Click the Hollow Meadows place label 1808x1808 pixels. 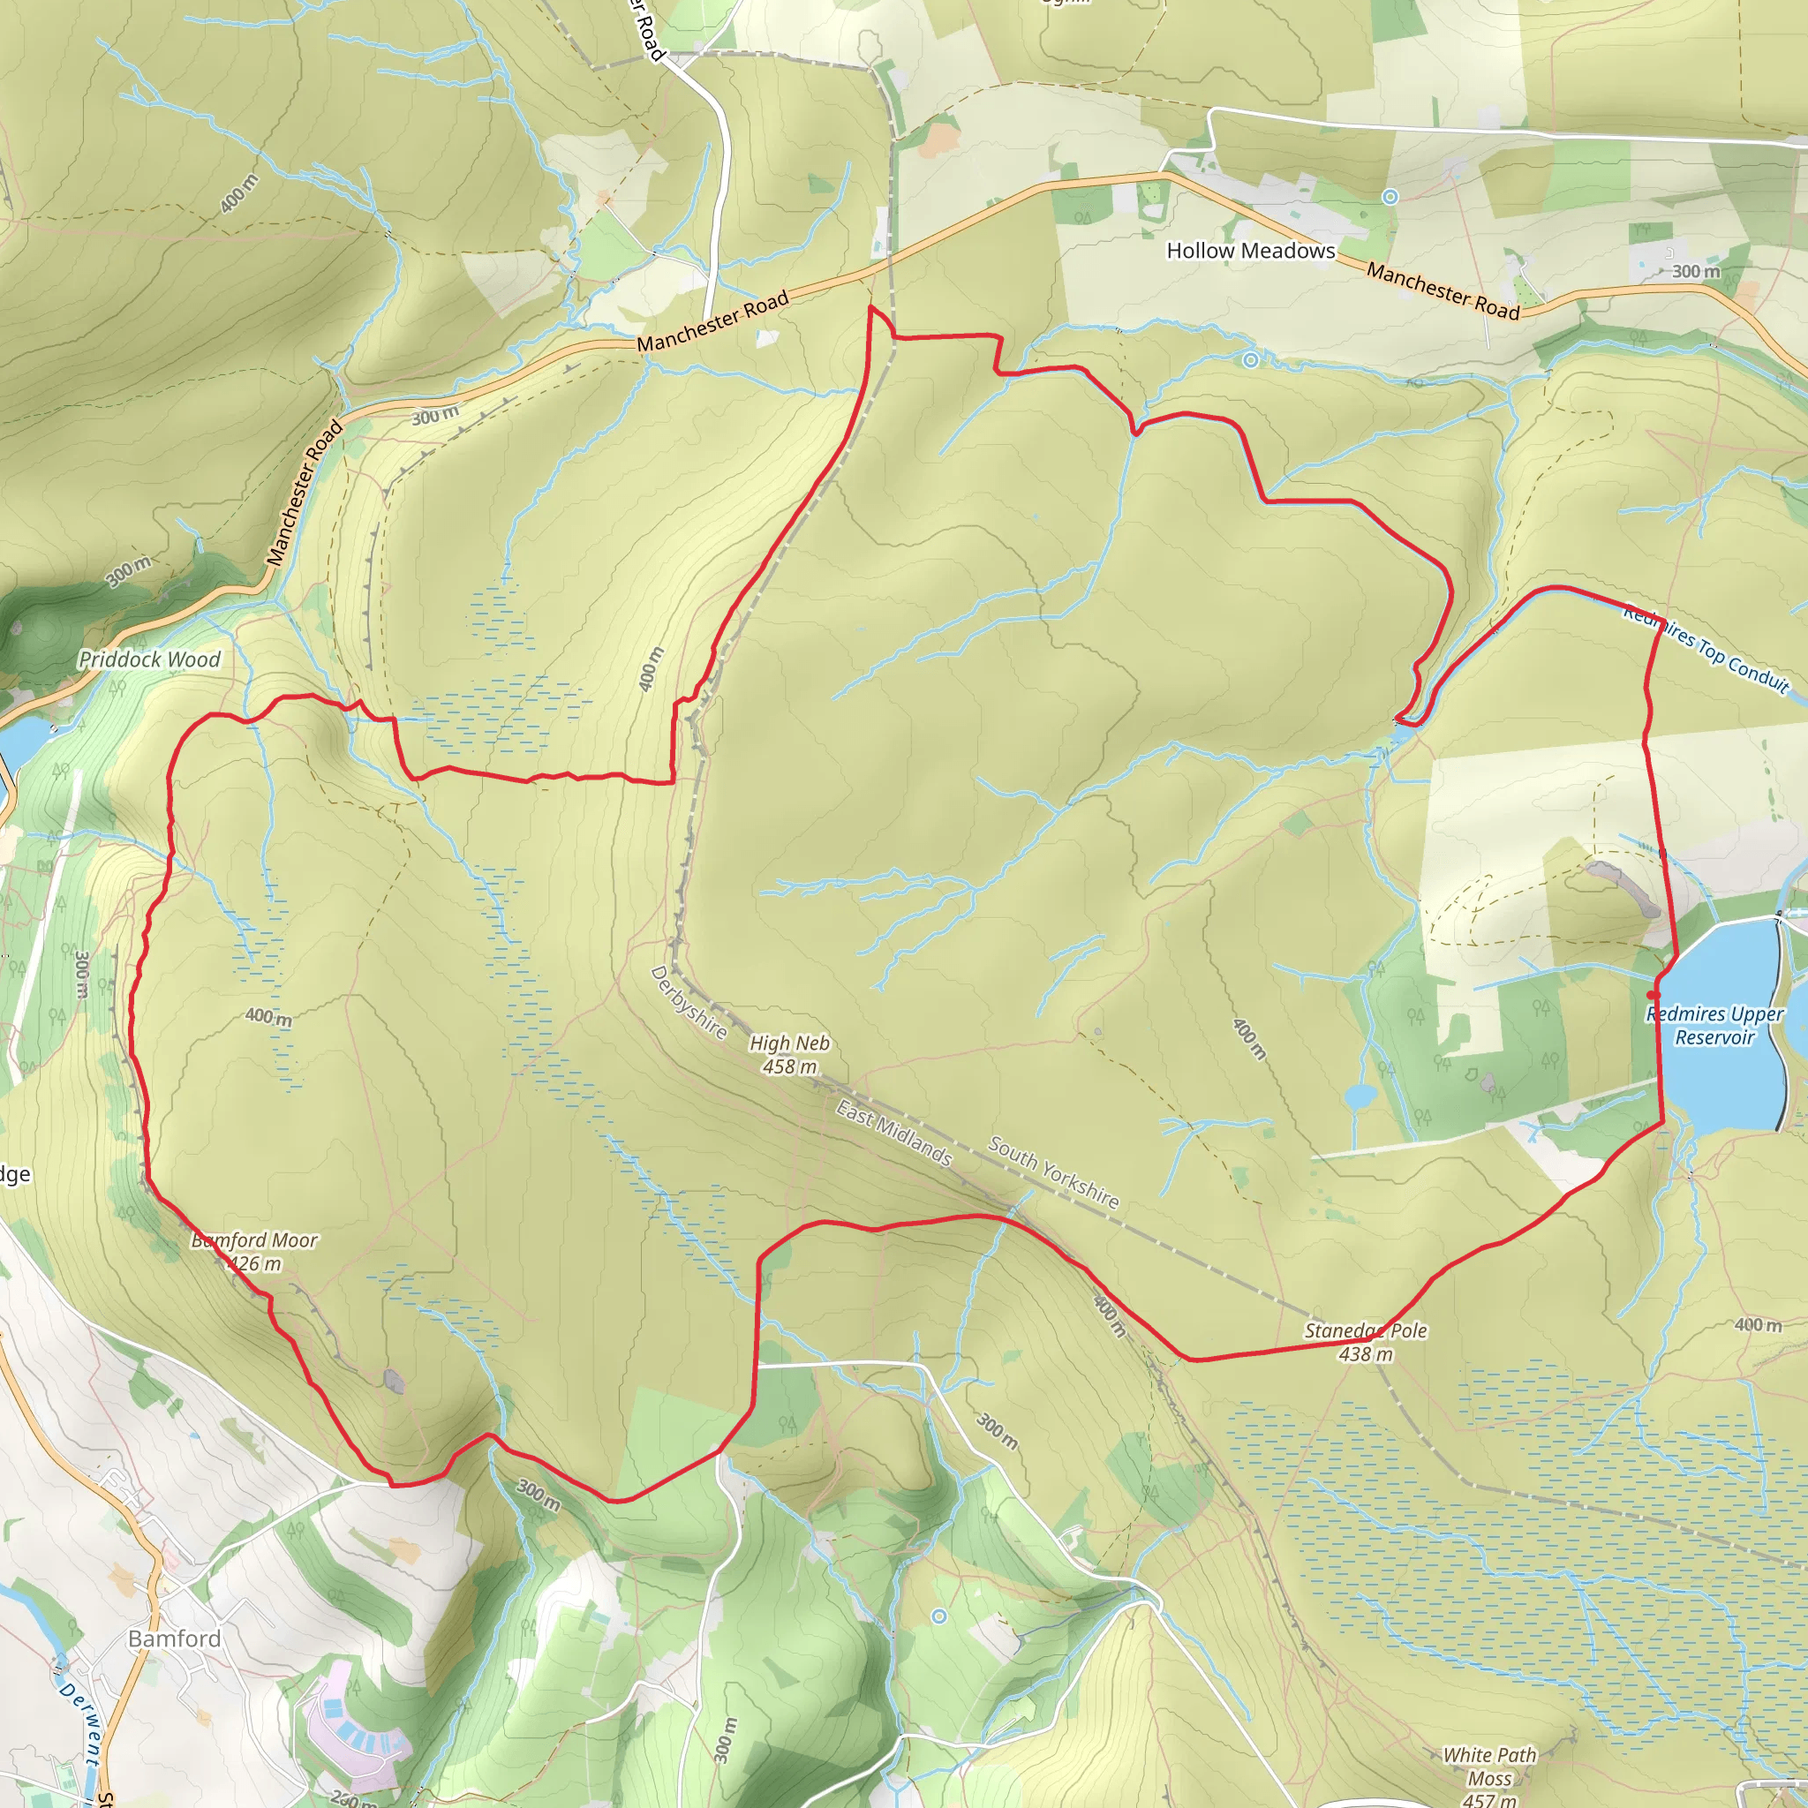pyautogui.click(x=1250, y=251)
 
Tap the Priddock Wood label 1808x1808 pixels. pyautogui.click(x=150, y=659)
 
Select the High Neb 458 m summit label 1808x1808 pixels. pyautogui.click(x=789, y=1055)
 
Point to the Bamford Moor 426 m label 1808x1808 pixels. pyautogui.click(x=254, y=1251)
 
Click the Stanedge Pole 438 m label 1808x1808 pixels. pyautogui.click(x=1366, y=1342)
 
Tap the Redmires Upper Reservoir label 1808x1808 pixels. pyautogui.click(x=1714, y=1025)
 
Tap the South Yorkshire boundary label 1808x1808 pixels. pyautogui.click(x=1054, y=1172)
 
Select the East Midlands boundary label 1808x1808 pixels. pyautogui.click(x=893, y=1134)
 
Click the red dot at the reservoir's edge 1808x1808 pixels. pyautogui.click(x=1654, y=995)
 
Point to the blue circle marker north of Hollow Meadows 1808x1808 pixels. pyautogui.click(x=1390, y=197)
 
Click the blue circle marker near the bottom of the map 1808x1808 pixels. pyautogui.click(x=938, y=1616)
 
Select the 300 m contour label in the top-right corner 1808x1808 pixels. pyautogui.click(x=1696, y=271)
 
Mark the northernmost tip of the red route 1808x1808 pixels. pyautogui.click(x=870, y=306)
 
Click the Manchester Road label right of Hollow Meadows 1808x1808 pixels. pyautogui.click(x=1443, y=291)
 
